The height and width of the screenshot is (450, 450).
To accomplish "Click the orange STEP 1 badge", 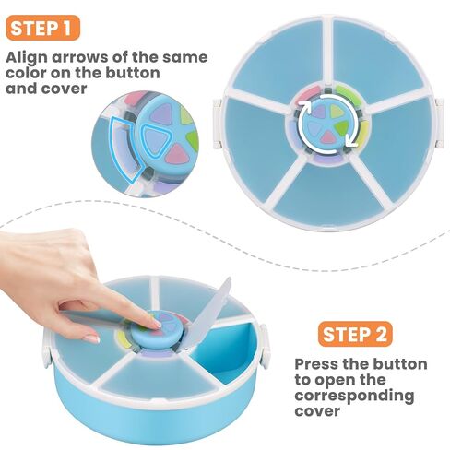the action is (42, 28).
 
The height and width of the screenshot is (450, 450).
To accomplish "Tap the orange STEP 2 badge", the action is (355, 334).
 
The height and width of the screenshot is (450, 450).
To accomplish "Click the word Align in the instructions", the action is (26, 58).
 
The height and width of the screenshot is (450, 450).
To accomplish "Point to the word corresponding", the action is (354, 397).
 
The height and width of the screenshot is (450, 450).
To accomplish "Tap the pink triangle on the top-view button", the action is (328, 136).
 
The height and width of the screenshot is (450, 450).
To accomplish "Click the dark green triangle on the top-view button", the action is (343, 126).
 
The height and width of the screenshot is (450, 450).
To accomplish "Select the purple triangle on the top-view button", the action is (318, 111).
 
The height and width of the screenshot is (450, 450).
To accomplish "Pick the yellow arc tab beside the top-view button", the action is (363, 132).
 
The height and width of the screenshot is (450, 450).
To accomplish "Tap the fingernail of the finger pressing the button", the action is (157, 324).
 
